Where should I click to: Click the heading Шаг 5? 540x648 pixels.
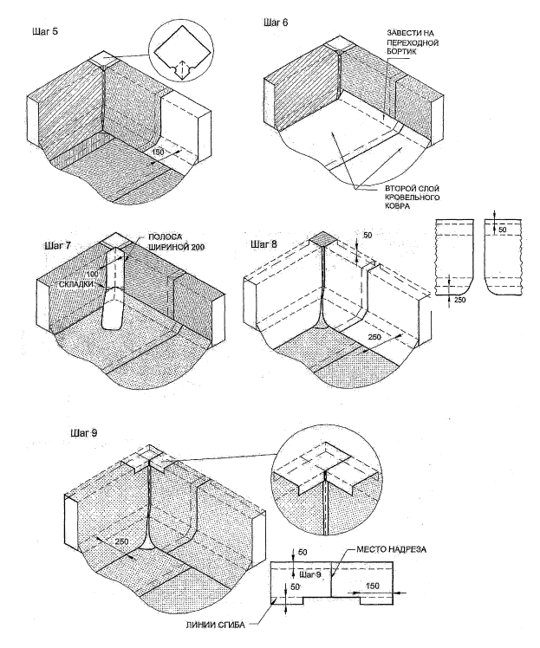pyautogui.click(x=42, y=32)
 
